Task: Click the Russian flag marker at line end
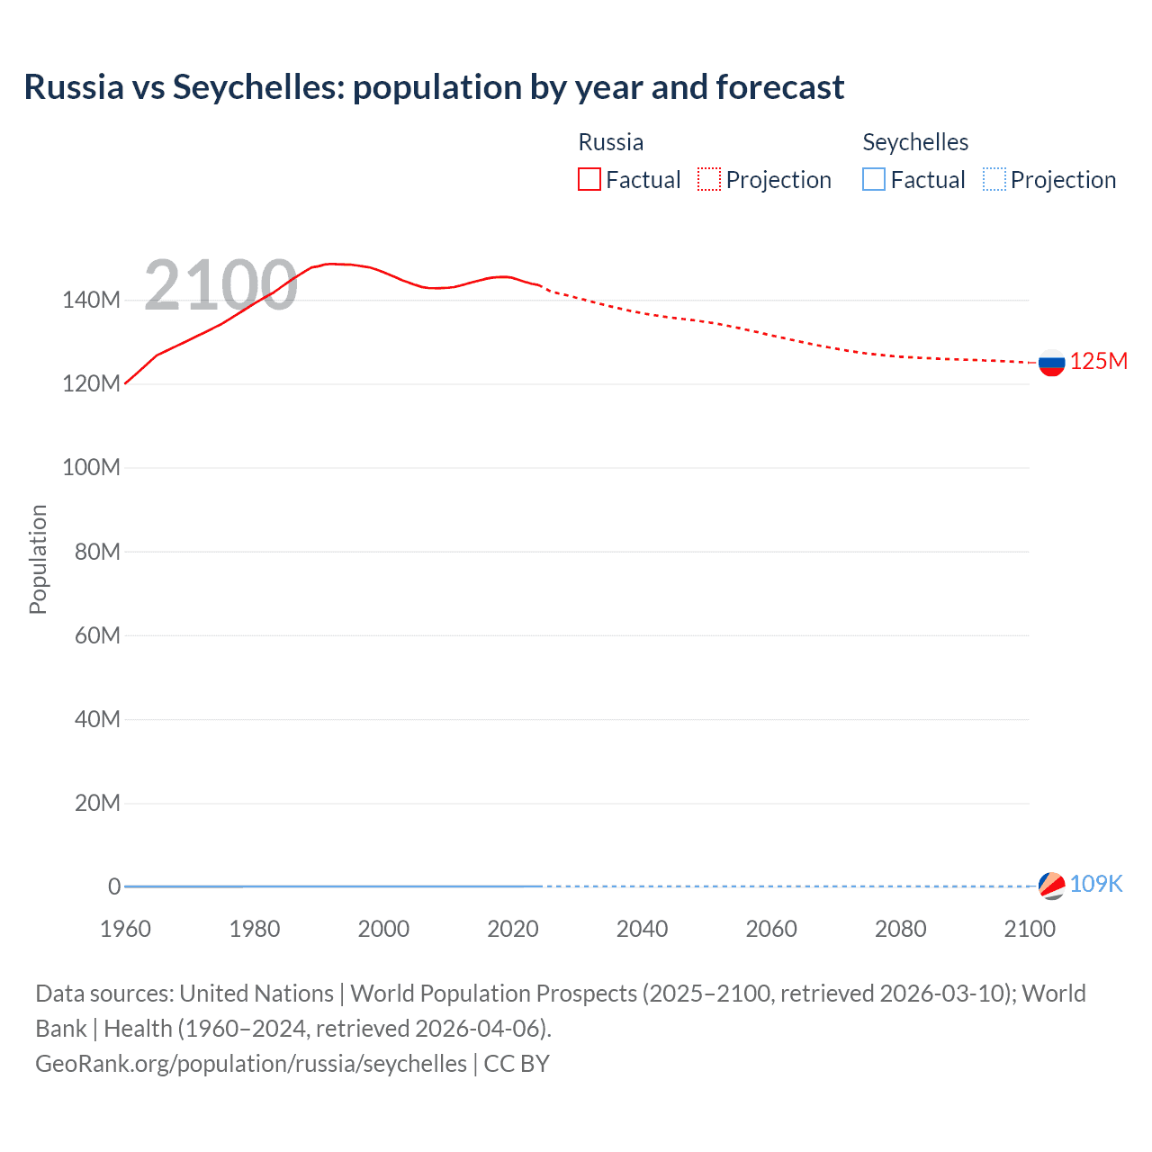point(1051,363)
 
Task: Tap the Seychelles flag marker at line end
point(1051,886)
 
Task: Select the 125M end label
point(1099,361)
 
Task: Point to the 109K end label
point(1096,884)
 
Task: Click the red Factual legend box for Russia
point(589,179)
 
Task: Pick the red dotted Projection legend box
point(709,179)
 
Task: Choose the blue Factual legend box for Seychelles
point(874,179)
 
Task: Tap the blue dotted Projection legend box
point(994,179)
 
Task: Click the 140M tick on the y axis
point(91,300)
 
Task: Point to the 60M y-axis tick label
point(97,635)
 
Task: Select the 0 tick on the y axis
point(113,886)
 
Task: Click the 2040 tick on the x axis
point(642,929)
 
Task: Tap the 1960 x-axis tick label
point(125,929)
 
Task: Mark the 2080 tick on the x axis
point(900,929)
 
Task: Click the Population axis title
point(38,559)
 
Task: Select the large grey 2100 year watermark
point(220,285)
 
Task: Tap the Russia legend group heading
point(610,142)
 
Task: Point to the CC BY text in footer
point(517,1063)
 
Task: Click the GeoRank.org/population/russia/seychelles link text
point(251,1063)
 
